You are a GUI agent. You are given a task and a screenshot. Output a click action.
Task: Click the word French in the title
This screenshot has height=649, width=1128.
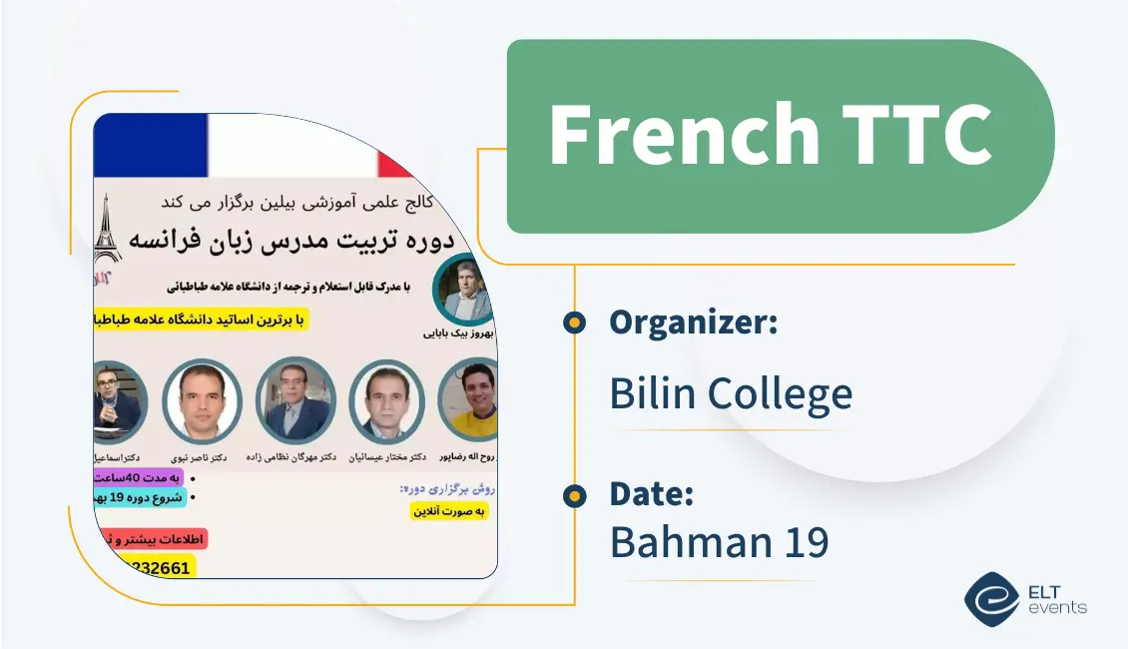click(683, 135)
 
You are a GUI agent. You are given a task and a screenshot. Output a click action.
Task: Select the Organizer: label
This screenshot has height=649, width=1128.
click(694, 322)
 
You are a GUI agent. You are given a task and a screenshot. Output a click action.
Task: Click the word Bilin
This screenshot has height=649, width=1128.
click(655, 393)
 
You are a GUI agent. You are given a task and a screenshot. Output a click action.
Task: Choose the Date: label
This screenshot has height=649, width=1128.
click(651, 494)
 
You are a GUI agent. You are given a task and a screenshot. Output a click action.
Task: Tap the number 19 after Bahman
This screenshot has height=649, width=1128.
click(806, 542)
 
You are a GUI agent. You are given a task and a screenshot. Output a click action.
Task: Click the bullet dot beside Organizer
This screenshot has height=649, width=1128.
click(574, 322)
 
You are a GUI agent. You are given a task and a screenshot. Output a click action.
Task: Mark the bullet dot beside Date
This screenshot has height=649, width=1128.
click(574, 494)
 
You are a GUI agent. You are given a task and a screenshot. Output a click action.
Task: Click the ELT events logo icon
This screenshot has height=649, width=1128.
click(991, 597)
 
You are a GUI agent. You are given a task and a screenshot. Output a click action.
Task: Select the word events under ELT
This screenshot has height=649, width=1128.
click(1059, 607)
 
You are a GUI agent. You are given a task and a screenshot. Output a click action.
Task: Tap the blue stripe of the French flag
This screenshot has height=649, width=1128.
click(150, 145)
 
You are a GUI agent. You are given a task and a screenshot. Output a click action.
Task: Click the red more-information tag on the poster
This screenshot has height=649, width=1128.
click(151, 539)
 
